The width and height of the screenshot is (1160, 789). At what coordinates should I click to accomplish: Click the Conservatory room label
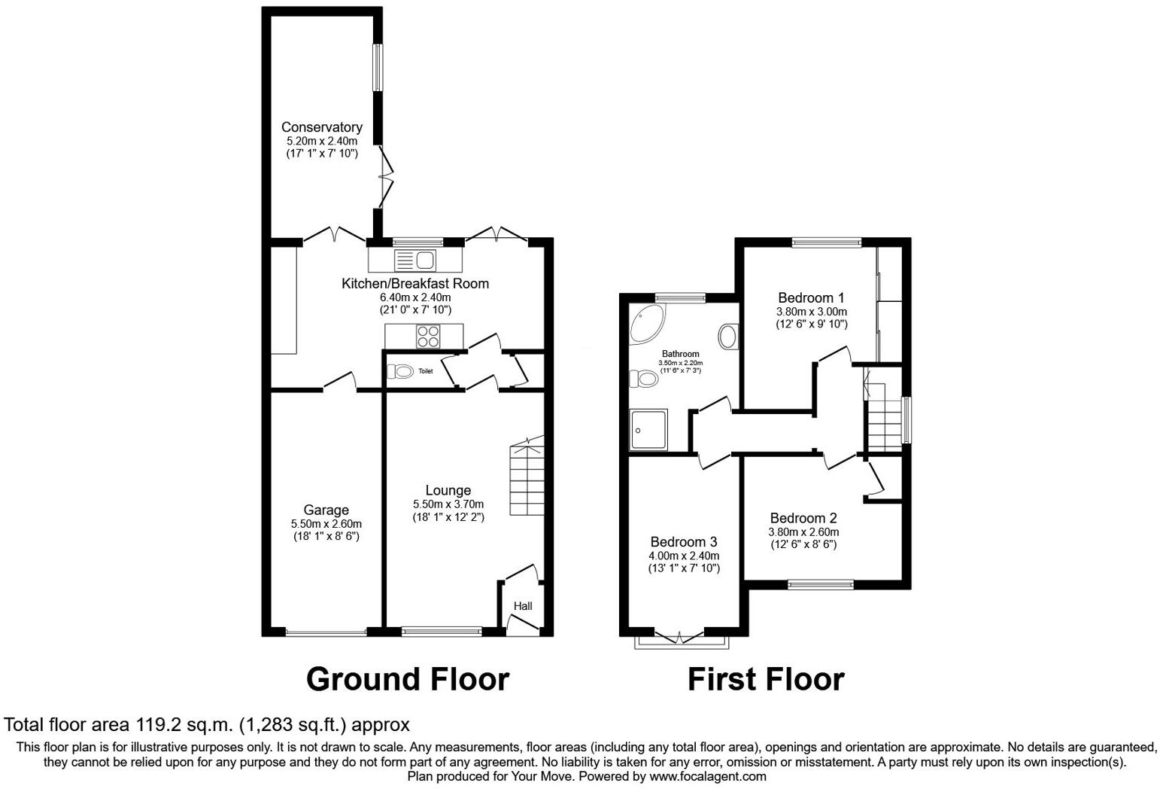[x=321, y=127]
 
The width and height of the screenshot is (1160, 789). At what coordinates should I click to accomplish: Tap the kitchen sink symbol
[x=415, y=260]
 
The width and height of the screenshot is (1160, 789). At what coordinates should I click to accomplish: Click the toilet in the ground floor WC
[x=400, y=371]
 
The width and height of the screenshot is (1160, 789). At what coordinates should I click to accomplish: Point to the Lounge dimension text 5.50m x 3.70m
[x=448, y=504]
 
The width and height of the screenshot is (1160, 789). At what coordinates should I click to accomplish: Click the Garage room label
[x=326, y=510]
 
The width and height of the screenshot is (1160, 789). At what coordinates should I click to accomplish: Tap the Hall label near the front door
[x=523, y=606]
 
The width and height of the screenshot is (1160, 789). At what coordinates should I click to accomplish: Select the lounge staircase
[x=527, y=480]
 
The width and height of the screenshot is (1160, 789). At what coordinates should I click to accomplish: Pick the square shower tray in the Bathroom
[x=648, y=430]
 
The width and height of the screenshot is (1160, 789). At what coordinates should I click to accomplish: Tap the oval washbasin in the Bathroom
[x=728, y=336]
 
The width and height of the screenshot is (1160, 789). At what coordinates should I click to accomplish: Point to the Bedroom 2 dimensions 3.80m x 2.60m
[x=803, y=532]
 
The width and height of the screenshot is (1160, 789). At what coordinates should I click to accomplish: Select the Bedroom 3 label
[x=683, y=541]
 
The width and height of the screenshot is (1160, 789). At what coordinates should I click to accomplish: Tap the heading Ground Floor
[x=407, y=679]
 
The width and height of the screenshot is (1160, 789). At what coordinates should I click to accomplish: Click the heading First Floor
[x=765, y=679]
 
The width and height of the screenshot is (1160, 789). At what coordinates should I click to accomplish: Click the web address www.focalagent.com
[x=708, y=776]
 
